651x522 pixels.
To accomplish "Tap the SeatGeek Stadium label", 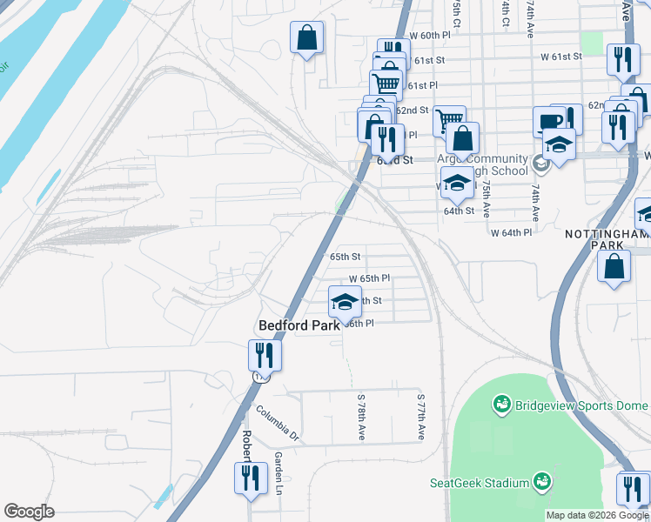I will click(x=480, y=483).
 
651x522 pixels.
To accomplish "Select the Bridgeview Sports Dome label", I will click(x=581, y=405).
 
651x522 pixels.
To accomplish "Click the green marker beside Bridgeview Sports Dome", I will click(x=501, y=404).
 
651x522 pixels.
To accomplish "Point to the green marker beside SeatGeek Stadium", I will click(x=541, y=481).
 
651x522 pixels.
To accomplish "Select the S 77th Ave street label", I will click(x=420, y=414).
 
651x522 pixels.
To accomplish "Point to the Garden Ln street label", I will click(x=280, y=470).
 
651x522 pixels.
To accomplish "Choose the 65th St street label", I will click(x=345, y=257).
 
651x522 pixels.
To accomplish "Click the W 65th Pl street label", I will click(x=369, y=278).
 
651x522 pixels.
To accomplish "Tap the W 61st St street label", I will click(x=560, y=57).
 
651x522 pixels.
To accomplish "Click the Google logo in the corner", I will click(x=29, y=512).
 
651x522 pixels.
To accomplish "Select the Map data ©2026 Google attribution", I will click(x=597, y=515).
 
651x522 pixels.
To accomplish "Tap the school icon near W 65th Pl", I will click(x=345, y=301).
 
